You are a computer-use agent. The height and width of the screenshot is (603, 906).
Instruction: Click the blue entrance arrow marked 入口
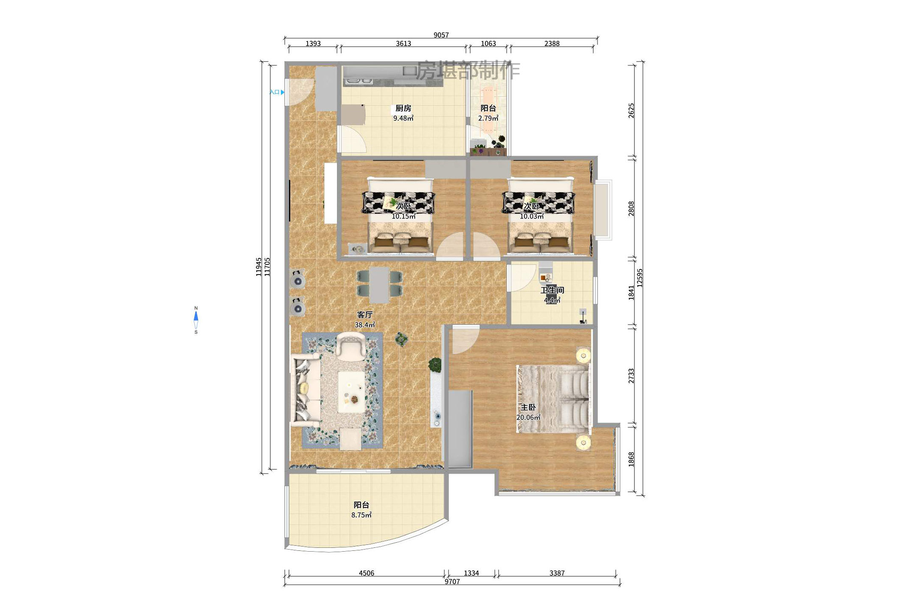pyautogui.click(x=283, y=92)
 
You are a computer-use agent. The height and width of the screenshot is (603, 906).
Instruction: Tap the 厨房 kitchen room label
pyautogui.click(x=403, y=108)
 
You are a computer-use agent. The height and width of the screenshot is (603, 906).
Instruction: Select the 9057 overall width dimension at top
pyautogui.click(x=441, y=35)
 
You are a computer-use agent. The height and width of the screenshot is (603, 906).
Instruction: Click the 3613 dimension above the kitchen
pyautogui.click(x=403, y=43)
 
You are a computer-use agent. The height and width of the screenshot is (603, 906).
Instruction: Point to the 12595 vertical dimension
pyautogui.click(x=640, y=278)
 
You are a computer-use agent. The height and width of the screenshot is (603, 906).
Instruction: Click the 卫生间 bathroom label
pyautogui.click(x=552, y=290)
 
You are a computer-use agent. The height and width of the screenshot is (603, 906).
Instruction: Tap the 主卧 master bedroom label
pyautogui.click(x=528, y=407)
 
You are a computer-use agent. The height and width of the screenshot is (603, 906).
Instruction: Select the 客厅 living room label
pyautogui.click(x=365, y=314)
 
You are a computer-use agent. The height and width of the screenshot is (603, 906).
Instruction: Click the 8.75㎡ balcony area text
pyautogui.click(x=361, y=515)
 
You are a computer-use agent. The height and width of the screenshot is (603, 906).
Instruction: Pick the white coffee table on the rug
pyautogui.click(x=351, y=392)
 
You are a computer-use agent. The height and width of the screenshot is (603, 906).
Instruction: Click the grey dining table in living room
pyautogui.click(x=379, y=284)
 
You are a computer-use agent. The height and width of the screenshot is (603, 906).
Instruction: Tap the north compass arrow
pyautogui.click(x=196, y=316)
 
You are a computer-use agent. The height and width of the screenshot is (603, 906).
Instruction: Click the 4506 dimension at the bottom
pyautogui.click(x=366, y=573)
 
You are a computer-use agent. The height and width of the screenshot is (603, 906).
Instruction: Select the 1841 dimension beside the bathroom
pyautogui.click(x=631, y=292)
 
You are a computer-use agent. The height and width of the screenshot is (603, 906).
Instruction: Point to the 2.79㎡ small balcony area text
pyautogui.click(x=488, y=118)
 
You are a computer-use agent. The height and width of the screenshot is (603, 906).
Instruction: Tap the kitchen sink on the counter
pyautogui.click(x=359, y=80)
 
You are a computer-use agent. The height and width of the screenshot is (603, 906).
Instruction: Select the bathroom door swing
pyautogui.click(x=522, y=277)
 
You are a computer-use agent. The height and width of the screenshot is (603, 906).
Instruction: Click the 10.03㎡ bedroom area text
pyautogui.click(x=532, y=216)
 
